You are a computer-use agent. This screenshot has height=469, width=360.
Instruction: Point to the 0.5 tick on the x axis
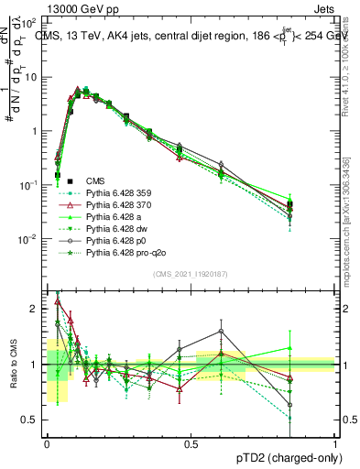[191, 444]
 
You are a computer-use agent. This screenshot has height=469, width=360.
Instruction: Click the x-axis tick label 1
[334, 444]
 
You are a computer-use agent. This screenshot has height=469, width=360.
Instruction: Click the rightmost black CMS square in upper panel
[289, 206]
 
